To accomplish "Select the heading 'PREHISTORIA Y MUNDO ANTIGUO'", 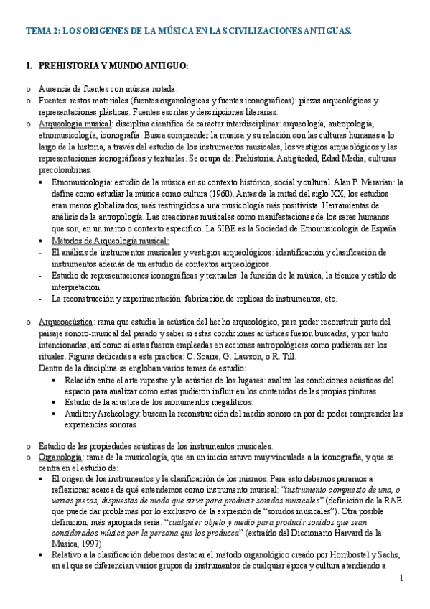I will [x=112, y=66].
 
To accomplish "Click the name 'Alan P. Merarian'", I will [x=362, y=183].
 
